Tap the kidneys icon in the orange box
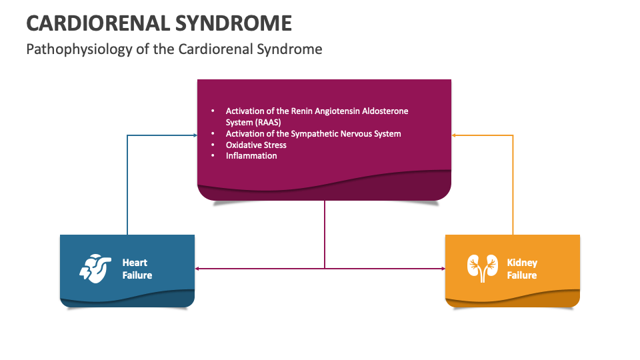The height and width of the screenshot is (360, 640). tap(482, 269)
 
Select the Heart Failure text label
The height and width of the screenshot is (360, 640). tap(137, 269)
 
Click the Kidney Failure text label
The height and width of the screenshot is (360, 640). tap(521, 269)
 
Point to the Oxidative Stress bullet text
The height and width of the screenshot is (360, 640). tap(256, 145)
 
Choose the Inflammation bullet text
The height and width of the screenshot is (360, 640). tap(251, 155)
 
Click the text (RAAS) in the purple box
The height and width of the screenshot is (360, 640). tap(267, 123)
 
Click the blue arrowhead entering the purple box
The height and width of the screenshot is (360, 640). tap(195, 135)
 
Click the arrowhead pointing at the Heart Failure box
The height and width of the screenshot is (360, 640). tap(198, 269)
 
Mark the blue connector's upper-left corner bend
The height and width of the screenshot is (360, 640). tap(127, 135)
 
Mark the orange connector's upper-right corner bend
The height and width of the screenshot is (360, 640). tap(513, 135)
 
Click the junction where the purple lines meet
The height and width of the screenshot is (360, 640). tap(325, 269)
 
